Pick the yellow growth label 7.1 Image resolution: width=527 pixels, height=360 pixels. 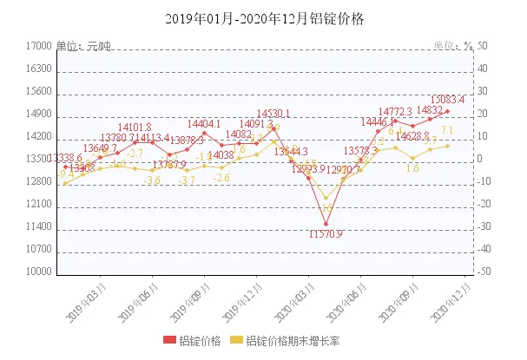[447, 130]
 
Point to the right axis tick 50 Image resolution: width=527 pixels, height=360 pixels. [482, 47]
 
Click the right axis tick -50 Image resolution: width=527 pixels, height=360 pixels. [482, 272]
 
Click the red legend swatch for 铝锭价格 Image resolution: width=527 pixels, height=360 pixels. [169, 340]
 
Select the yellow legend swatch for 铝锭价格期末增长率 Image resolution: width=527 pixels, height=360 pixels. [239, 340]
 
